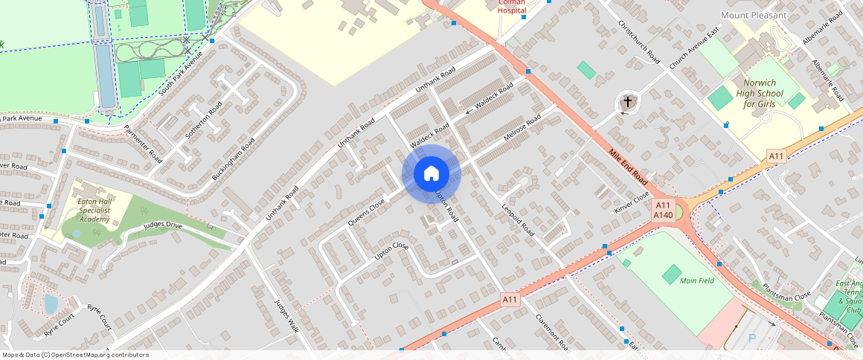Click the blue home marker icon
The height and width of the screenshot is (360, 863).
[431, 174]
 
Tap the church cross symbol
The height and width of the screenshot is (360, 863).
[628, 102]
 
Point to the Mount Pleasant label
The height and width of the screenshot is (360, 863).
[753, 15]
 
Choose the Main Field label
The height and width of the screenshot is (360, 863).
[697, 280]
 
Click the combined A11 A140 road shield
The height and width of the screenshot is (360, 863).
[663, 210]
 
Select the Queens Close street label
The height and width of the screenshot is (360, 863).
[367, 213]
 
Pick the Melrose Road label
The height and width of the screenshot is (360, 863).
[522, 131]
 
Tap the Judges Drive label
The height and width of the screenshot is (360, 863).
[163, 225]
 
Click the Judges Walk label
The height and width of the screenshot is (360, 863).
[286, 317]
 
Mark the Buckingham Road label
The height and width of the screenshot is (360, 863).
[233, 158]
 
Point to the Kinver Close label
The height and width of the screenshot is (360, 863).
[632, 202]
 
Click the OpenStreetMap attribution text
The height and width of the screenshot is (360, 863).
[76, 355]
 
